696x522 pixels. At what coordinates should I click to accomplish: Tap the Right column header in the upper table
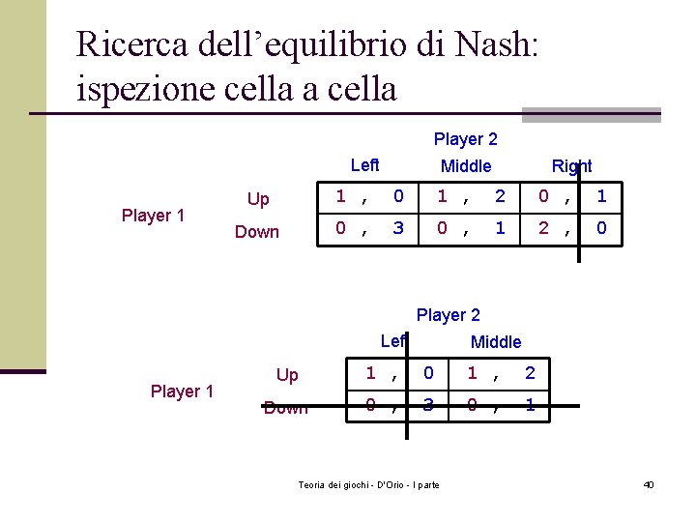point(571,166)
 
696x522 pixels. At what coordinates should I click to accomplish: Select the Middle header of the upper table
point(466,166)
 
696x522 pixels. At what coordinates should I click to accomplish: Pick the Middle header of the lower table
point(495,341)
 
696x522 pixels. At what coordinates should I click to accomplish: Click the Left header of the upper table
point(364,165)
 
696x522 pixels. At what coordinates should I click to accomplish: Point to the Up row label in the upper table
point(258,199)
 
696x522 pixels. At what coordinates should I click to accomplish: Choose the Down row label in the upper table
point(257,232)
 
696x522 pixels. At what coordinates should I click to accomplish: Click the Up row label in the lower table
point(287,375)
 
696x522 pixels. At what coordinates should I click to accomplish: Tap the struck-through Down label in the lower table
point(286,407)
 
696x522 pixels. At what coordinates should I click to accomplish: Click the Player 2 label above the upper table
point(465,139)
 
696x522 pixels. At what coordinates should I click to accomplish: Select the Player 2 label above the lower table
point(448,315)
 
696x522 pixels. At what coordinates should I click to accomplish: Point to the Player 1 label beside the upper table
point(153,216)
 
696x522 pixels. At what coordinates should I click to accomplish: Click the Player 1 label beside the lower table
point(182,391)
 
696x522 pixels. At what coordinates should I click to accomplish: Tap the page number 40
point(648,483)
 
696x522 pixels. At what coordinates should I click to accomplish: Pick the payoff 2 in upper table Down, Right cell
point(544,229)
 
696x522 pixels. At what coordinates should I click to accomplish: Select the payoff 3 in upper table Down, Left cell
point(398,229)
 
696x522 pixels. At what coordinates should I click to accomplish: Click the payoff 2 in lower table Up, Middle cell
point(529,372)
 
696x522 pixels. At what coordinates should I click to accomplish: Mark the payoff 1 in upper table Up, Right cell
point(601,196)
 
